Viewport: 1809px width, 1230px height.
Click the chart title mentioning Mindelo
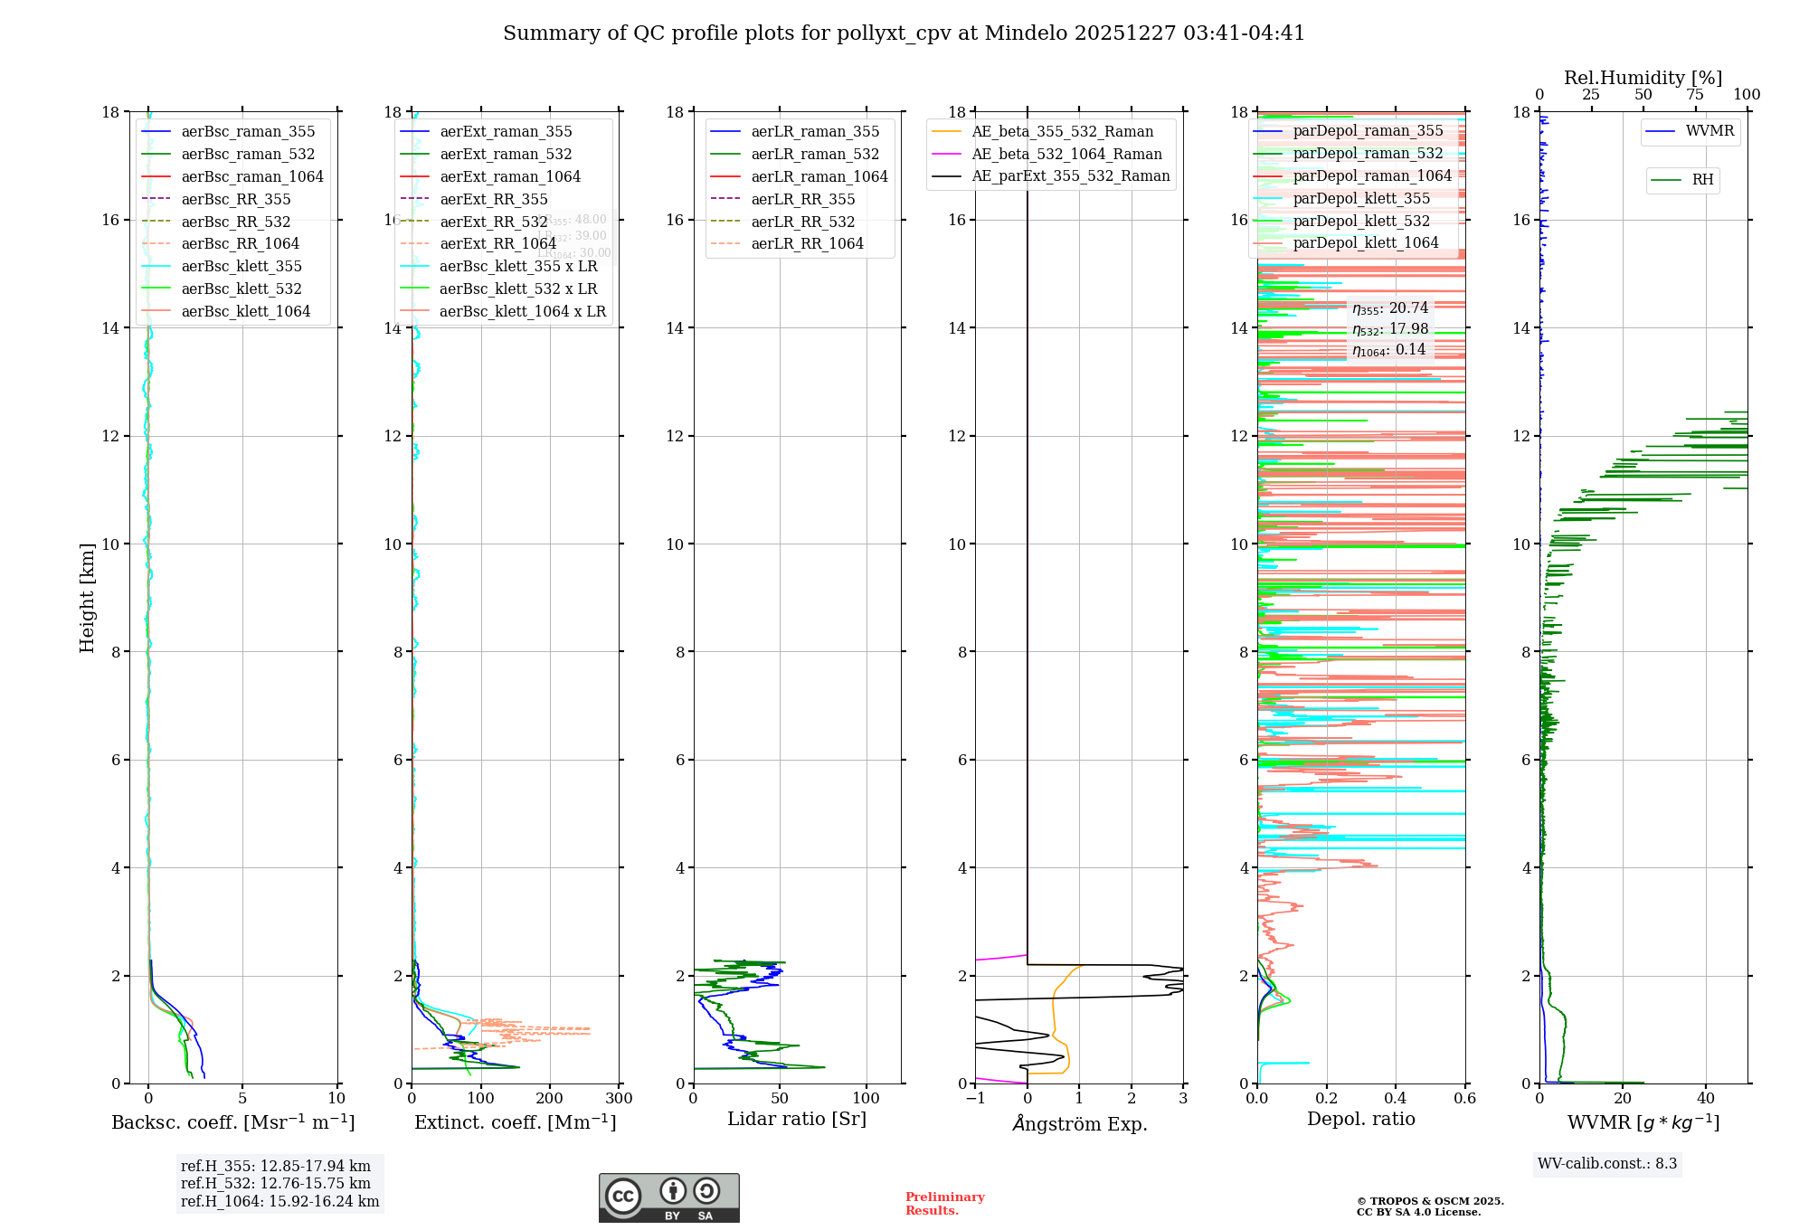point(904,33)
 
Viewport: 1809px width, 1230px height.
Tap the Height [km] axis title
point(87,598)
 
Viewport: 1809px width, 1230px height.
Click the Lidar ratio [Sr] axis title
point(796,1120)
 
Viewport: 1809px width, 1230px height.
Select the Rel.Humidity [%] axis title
point(1643,78)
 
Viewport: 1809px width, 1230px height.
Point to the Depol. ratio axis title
point(1360,1120)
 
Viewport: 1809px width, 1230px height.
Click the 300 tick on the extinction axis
point(620,1099)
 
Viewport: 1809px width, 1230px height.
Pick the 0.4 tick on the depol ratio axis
point(1396,1099)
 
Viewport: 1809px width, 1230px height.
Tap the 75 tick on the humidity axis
point(1695,95)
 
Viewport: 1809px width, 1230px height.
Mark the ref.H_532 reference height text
point(275,1184)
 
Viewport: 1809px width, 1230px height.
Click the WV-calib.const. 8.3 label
point(1606,1164)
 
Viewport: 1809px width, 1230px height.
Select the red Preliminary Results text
point(944,1204)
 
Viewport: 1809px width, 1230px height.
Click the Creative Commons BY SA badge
point(668,1198)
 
